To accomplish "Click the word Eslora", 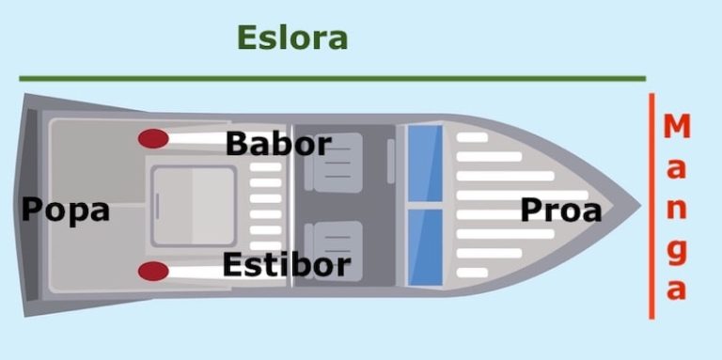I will (292, 39).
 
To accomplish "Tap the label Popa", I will (65, 210).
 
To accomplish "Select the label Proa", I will (560, 211).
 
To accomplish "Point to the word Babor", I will (278, 144).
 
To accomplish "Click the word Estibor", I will (286, 265).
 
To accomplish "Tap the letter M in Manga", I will (677, 126).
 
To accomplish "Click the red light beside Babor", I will (153, 139).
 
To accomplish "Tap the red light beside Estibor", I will (153, 272).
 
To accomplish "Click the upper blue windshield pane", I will (425, 163).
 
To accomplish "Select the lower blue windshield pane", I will (425, 246).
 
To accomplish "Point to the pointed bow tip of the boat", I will (636, 204).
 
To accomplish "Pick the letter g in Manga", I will (677, 251).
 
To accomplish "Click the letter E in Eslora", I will (247, 39).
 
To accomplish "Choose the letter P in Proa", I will (532, 211).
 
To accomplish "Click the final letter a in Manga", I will (677, 290).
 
